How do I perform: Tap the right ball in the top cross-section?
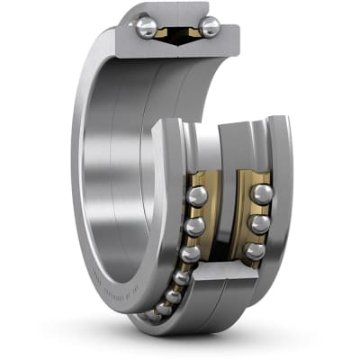(209, 27)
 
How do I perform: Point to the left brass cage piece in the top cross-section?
(163, 32)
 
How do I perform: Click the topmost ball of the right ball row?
(262, 193)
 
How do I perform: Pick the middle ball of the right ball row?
(259, 223)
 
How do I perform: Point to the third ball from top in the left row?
(189, 255)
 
